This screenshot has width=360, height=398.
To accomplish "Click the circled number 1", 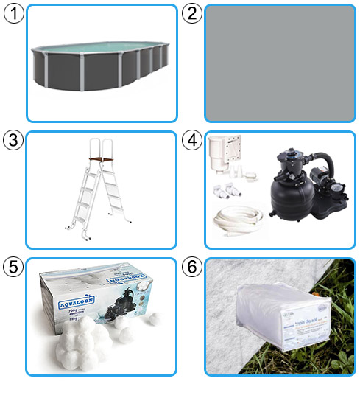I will [x=13, y=13].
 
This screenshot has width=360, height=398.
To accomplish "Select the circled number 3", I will [x=13, y=139].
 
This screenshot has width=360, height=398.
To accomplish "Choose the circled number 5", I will [x=13, y=267].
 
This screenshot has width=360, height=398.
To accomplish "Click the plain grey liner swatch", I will [x=280, y=63].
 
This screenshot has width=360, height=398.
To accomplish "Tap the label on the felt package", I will [x=294, y=328].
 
